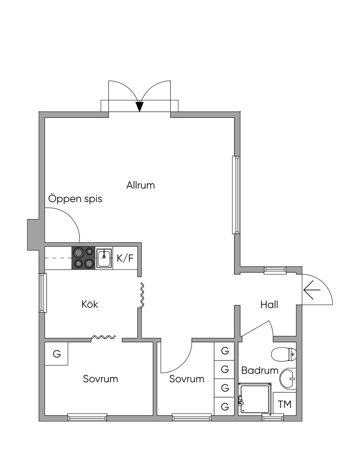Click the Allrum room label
pos(141,185)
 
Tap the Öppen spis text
pos(75,199)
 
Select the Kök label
pos(90,304)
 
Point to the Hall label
pos(269,305)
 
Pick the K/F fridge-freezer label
pos(125,258)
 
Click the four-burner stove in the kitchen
pos(84,258)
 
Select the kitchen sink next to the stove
pos(104,258)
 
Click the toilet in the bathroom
pos(284,354)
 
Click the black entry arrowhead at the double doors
pos(139,106)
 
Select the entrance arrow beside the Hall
pos(312,290)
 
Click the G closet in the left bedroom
pos(56,354)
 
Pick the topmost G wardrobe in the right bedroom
pos(225,351)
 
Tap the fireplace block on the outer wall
pos(33,235)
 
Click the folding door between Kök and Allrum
pos(142,295)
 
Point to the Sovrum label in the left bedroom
pos(101,379)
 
